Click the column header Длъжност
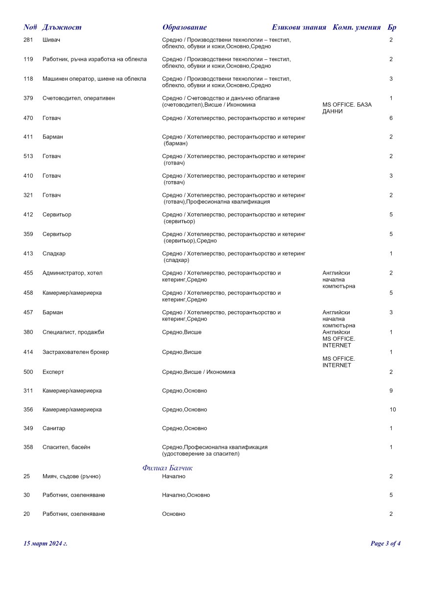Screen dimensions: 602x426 (x=62, y=27)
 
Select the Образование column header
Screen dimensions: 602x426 (x=185, y=27)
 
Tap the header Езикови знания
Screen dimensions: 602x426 (x=299, y=27)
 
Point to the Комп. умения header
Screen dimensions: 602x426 (x=356, y=27)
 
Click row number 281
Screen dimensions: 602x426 (x=28, y=40)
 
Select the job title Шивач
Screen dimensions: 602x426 (x=51, y=40)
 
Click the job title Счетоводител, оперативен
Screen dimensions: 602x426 (x=78, y=98)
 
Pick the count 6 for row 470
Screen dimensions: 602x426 (x=391, y=118)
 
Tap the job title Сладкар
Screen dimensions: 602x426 (x=54, y=254)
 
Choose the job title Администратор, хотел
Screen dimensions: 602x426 (x=72, y=273)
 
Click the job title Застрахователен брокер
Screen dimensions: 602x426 (x=76, y=352)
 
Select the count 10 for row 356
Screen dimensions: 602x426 (x=393, y=410)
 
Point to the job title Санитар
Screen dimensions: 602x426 (x=54, y=429)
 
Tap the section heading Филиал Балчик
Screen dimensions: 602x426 (x=167, y=468)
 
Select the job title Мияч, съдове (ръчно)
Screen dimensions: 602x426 (x=71, y=477)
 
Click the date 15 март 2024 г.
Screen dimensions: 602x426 (x=46, y=543)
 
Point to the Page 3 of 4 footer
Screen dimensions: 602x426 (x=385, y=543)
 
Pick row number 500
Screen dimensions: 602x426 (x=28, y=372)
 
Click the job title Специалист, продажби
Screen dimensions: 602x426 (x=73, y=332)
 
